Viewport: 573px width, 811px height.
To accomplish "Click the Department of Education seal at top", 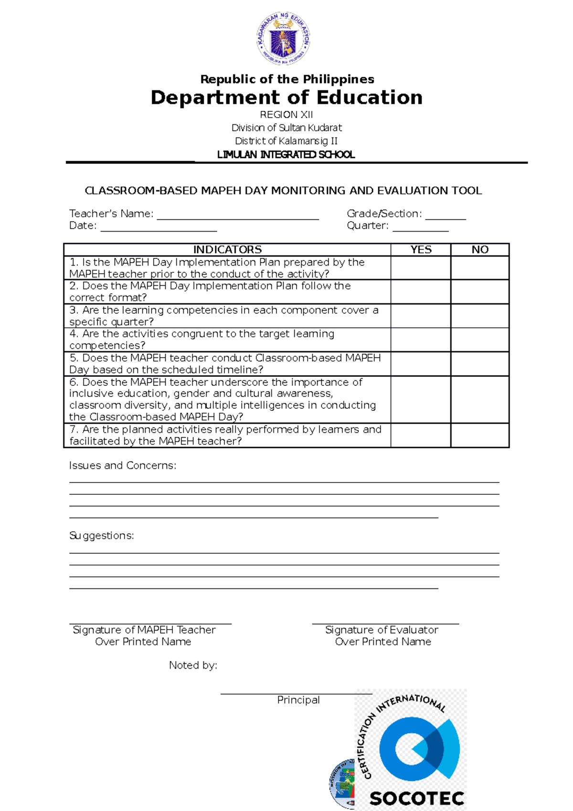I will point(284,39).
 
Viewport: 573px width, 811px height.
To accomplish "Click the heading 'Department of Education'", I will point(286,97).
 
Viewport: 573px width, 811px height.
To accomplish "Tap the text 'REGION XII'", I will point(286,115).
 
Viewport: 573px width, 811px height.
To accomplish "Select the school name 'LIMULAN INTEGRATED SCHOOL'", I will point(286,155).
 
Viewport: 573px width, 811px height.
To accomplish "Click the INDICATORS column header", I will point(227,250).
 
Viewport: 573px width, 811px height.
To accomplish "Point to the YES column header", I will point(421,250).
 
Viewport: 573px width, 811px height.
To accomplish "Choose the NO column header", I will point(480,250).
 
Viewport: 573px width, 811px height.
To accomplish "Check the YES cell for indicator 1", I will point(421,268).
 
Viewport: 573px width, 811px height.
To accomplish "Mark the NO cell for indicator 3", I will point(480,316).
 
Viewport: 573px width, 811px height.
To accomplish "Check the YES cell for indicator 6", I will point(421,399).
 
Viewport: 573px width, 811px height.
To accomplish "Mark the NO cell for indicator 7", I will point(480,435).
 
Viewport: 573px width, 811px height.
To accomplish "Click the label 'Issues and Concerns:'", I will point(123,466).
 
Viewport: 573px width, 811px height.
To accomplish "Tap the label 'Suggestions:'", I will point(102,536).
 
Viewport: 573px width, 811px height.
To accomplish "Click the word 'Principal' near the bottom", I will point(298,700).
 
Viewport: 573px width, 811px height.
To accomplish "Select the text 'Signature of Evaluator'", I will point(382,630).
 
